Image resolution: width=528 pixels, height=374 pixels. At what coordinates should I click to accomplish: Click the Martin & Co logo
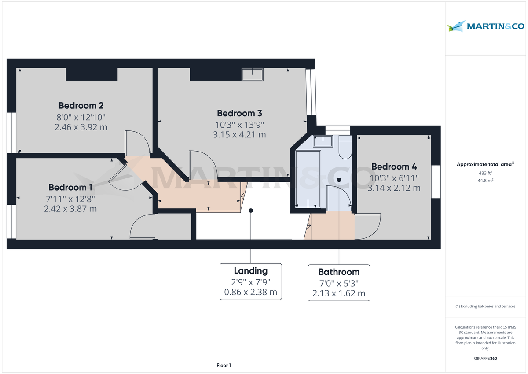coord(486,26)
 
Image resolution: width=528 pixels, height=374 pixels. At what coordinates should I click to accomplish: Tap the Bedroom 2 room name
coord(81,106)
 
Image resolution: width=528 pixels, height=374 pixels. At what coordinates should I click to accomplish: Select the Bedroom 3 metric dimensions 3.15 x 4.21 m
coord(239,135)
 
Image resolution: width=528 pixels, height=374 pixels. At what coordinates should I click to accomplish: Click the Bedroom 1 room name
coord(70,187)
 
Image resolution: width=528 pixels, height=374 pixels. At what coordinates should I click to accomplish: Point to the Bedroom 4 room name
coord(394,167)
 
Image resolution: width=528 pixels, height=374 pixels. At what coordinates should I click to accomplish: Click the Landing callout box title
coord(250,271)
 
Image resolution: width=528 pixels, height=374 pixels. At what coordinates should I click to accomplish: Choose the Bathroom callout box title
coord(339,272)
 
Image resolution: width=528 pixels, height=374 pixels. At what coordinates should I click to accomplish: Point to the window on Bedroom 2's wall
coord(11,133)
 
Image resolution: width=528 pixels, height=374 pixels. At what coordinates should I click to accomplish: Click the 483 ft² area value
coord(485,173)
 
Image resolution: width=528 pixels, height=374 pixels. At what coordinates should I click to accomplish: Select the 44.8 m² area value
coord(485,180)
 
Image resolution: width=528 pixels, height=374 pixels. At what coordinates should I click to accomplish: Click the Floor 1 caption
coord(224,365)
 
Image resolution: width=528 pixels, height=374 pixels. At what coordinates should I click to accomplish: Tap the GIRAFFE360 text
coord(485,359)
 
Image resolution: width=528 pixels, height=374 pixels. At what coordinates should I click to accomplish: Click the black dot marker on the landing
coord(251,211)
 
